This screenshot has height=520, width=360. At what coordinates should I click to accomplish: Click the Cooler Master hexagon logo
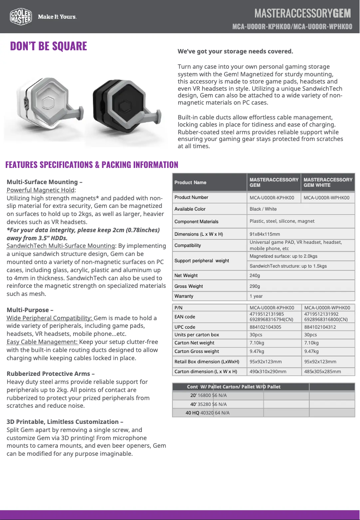21,17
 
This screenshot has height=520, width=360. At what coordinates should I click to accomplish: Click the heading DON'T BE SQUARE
48,46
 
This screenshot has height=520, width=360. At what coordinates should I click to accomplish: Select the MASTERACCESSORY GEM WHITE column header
328,182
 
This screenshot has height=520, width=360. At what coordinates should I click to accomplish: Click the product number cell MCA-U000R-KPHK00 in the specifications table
272,198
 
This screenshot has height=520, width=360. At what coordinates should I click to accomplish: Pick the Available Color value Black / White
263,209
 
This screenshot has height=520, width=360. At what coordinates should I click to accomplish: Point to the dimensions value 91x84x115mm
265,234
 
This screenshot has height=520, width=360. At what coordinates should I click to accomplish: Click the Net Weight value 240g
255,276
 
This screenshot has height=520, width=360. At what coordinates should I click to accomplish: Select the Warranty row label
184,296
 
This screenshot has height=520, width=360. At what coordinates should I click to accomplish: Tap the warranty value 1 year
256,296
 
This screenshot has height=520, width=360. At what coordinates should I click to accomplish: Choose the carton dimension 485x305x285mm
322,372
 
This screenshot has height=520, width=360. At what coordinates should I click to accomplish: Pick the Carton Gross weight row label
197,352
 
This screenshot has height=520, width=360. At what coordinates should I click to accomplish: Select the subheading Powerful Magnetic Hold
40,190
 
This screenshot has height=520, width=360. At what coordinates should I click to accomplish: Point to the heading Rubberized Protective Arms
49,374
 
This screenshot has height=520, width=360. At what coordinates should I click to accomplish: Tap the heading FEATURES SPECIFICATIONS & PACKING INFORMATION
92,165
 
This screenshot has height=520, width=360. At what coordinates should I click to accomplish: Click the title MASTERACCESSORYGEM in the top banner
303,12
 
